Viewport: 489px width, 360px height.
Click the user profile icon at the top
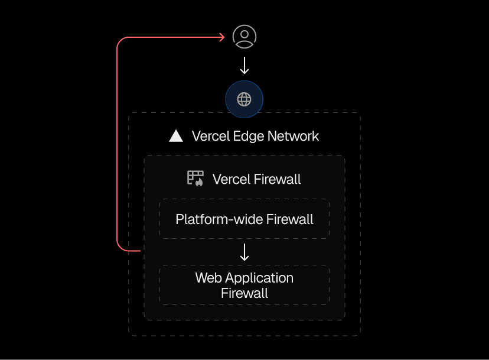tap(244, 37)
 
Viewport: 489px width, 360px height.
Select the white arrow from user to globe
tap(244, 65)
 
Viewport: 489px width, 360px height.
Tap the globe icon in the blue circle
tap(244, 99)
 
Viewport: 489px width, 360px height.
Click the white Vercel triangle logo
tap(176, 136)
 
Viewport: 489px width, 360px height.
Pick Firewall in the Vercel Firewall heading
tap(278, 179)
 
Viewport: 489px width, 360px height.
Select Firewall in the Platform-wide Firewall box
tap(289, 220)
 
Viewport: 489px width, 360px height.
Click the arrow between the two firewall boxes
tap(244, 252)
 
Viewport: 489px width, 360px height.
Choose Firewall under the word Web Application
tap(244, 293)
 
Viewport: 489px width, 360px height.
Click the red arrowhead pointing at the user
tap(222, 37)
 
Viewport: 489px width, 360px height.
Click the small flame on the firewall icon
tap(200, 183)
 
